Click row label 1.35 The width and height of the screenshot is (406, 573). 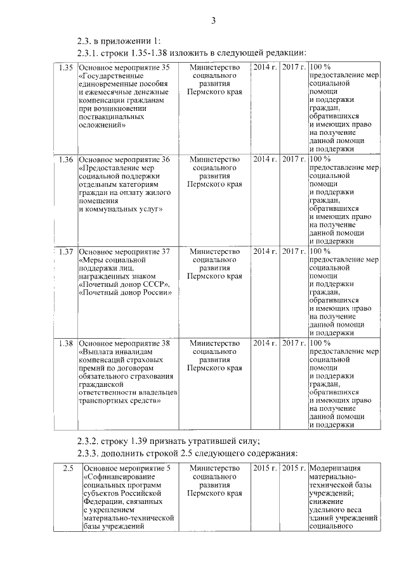coord(65,66)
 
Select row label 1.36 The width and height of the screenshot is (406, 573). coord(65,158)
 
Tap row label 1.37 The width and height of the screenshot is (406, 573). coord(65,251)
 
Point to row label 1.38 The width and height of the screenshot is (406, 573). coord(65,343)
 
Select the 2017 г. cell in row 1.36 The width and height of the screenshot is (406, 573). coord(294,158)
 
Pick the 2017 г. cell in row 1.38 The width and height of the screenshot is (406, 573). coord(294,343)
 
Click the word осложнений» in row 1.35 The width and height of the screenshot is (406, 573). coord(103,125)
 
